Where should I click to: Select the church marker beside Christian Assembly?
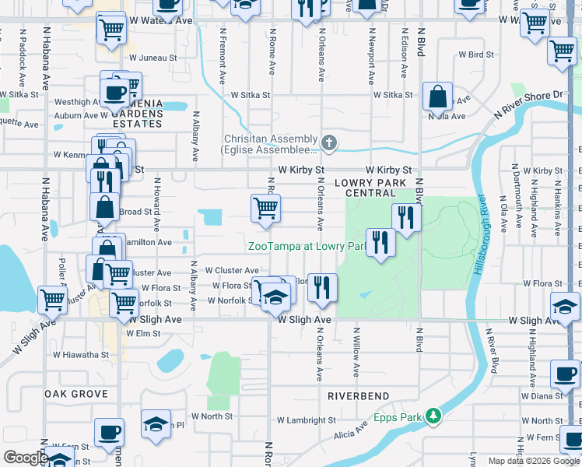pos(329,142)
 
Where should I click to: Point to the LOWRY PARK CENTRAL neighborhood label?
pos(370,187)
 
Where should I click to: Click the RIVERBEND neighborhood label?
pos(358,396)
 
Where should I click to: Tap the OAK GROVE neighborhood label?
pos(75,394)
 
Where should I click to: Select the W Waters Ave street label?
pos(161,21)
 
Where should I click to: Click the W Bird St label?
pos(476,55)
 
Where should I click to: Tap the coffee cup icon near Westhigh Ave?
pos(115,91)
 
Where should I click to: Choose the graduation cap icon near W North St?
pos(156,424)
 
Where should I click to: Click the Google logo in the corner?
pos(26,458)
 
